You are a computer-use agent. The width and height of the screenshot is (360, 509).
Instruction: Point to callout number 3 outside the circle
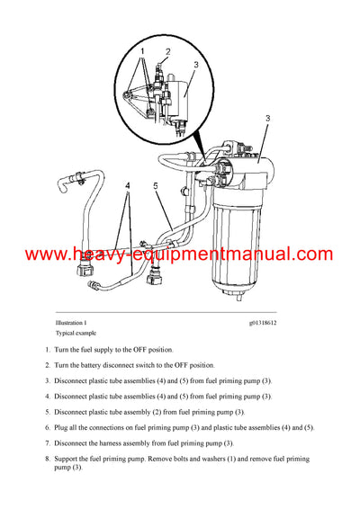(267, 118)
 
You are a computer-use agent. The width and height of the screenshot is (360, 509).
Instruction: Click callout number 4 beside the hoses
(129, 186)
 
